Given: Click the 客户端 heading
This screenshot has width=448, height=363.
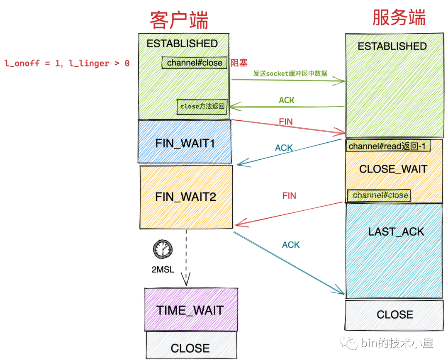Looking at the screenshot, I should pyautogui.click(x=179, y=19).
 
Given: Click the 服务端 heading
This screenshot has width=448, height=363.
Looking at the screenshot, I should pyautogui.click(x=399, y=18).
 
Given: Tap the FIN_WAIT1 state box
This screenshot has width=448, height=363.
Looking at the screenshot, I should pyautogui.click(x=185, y=143).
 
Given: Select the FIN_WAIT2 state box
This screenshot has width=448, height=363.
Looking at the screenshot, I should pyautogui.click(x=185, y=196).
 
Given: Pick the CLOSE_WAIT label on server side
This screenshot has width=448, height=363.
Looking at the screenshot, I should pyautogui.click(x=393, y=169).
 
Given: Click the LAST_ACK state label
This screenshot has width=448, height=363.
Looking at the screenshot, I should pyautogui.click(x=396, y=231).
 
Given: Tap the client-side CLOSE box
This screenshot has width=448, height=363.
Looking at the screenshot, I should pyautogui.click(x=190, y=348).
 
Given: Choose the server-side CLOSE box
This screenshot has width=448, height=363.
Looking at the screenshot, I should pyautogui.click(x=394, y=314).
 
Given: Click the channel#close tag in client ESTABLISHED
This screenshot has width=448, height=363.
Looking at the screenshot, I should pyautogui.click(x=195, y=63).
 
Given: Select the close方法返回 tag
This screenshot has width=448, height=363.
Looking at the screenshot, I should pyautogui.click(x=202, y=106).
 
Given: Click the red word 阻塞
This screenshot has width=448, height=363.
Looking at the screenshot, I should pyautogui.click(x=239, y=63).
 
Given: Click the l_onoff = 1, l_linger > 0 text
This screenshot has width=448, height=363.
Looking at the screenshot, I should pyautogui.click(x=67, y=63).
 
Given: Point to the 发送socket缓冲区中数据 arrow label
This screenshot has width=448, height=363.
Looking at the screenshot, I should pyautogui.click(x=290, y=74).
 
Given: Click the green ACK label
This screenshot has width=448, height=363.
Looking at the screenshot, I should pyautogui.click(x=287, y=100).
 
